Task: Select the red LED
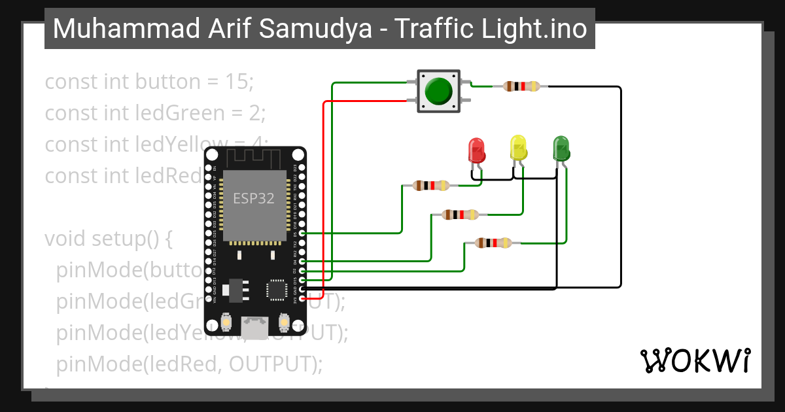click(x=476, y=151)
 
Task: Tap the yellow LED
click(x=518, y=148)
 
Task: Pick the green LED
click(x=561, y=148)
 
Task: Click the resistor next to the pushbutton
click(x=521, y=86)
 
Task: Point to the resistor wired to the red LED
click(x=431, y=186)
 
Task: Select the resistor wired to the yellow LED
click(x=461, y=214)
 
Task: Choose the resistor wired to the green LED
click(x=493, y=243)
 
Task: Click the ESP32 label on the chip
click(x=254, y=198)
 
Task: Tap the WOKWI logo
click(x=695, y=360)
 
